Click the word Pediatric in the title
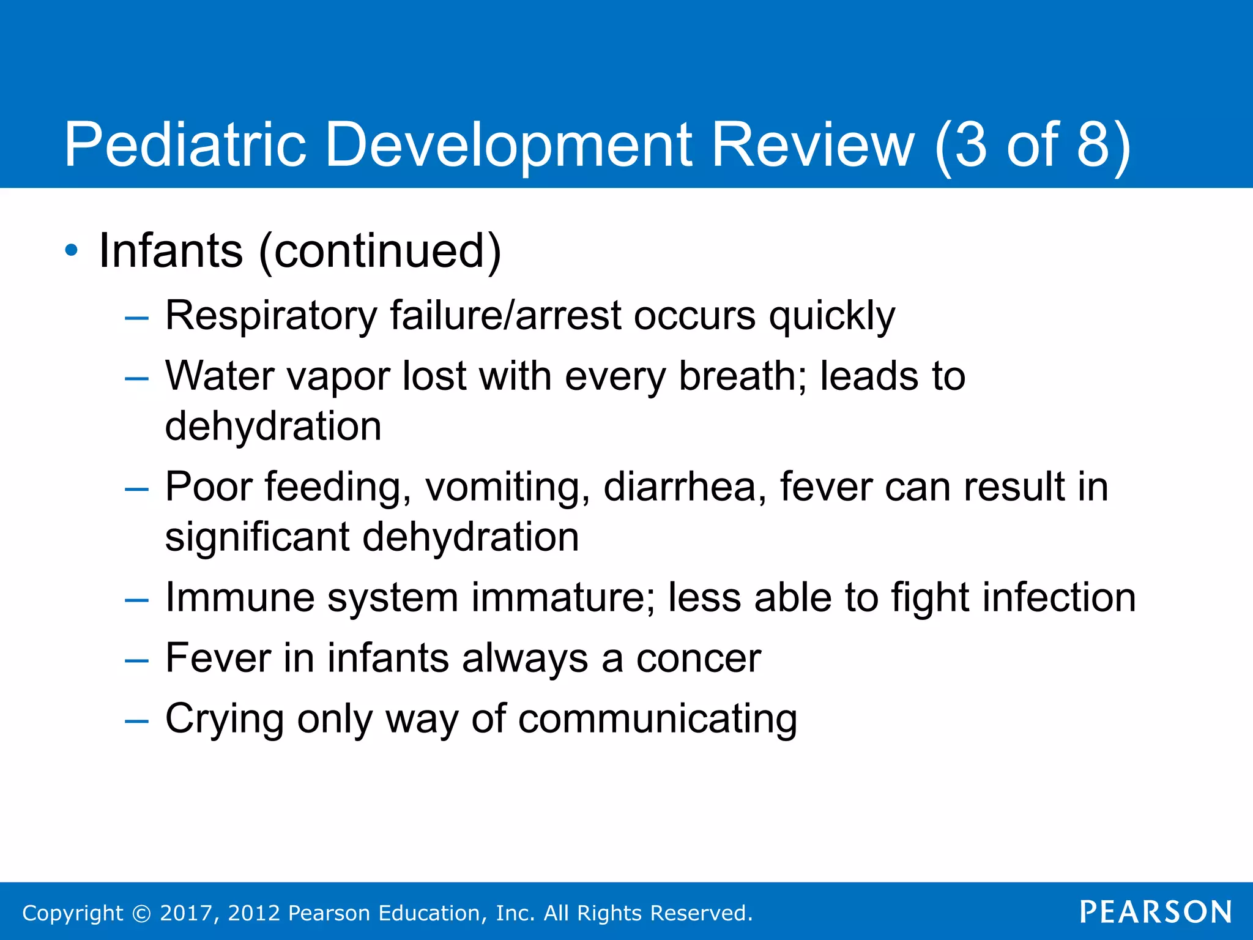pos(185,145)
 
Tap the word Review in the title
pos(813,145)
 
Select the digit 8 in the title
pos(1093,145)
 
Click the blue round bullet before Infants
pos(72,251)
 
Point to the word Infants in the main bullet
pos(171,251)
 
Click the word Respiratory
pos(271,317)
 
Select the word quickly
pos(831,317)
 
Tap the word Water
pos(219,376)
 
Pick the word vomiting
pos(507,487)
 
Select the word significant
pos(257,537)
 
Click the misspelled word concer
pos(698,658)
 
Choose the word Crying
pos(224,719)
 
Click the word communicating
pos(658,719)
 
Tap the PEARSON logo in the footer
pos(1155,912)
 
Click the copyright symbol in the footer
pos(141,913)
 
